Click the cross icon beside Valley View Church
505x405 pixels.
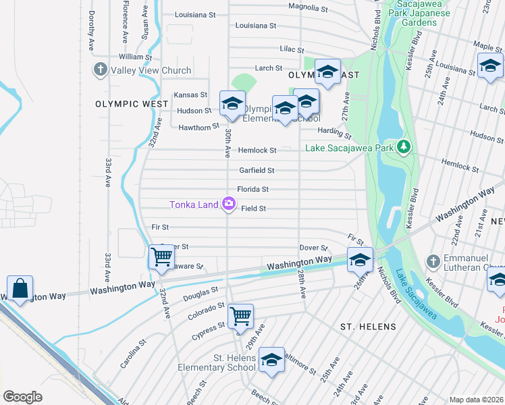(x=101, y=70)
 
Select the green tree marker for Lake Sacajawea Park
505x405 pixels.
(x=404, y=147)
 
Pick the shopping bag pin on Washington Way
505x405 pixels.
(x=21, y=288)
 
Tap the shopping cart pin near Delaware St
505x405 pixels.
(x=161, y=258)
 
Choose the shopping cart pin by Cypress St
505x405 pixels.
(x=241, y=315)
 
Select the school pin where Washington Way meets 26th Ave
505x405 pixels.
(x=361, y=259)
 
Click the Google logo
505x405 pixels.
(x=22, y=397)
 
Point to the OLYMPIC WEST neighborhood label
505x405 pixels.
(x=132, y=104)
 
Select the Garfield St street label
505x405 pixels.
(x=257, y=171)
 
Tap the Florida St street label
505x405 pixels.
(x=253, y=190)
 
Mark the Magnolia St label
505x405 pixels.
(x=307, y=9)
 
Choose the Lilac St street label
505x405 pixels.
(x=292, y=50)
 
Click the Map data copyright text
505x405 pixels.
(x=477, y=400)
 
